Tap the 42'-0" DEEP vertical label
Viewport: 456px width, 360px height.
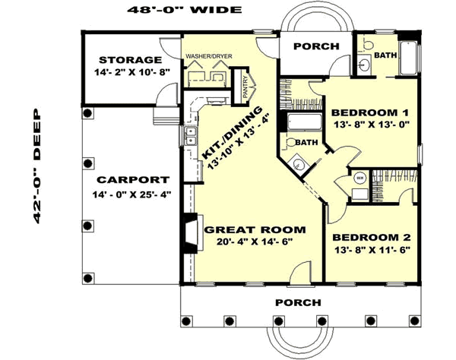(x=36, y=169)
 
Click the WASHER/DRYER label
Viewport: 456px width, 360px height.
(x=205, y=56)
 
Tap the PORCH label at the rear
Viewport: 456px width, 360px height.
(x=316, y=46)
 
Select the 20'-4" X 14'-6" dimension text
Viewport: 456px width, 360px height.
(x=254, y=242)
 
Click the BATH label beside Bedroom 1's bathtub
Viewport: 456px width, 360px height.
(x=306, y=143)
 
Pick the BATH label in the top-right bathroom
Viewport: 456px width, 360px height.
(x=385, y=55)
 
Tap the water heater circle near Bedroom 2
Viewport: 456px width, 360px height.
(x=358, y=179)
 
